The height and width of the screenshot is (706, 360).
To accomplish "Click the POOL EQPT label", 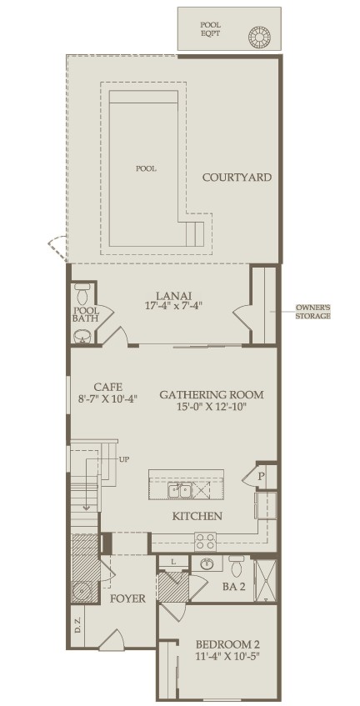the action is coord(210,29).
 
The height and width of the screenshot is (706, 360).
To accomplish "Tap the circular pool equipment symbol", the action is coord(260,35).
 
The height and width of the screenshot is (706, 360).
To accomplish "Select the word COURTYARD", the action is coord(237,177).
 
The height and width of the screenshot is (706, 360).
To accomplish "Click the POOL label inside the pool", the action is coord(147,169).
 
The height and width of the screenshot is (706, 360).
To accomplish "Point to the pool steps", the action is coord(195,233).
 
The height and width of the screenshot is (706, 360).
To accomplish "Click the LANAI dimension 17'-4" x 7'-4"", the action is coord(173,305).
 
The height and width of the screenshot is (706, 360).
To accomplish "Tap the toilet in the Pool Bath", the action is coord(82,294).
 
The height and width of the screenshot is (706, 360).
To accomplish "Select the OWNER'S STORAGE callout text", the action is coord(312,312).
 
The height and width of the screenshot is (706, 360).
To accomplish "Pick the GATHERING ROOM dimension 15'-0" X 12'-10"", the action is coord(212,406).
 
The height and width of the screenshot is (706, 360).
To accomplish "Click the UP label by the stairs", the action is coord(124,460).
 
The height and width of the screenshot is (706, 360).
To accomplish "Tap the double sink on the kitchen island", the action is coord(180,490).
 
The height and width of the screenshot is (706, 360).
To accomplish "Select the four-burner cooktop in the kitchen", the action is coord(205,542).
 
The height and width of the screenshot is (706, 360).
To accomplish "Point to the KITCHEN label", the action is coord(197,516).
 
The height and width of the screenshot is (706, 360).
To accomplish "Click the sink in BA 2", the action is coord(207,563).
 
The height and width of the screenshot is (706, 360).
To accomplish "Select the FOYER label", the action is coord(128,598).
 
